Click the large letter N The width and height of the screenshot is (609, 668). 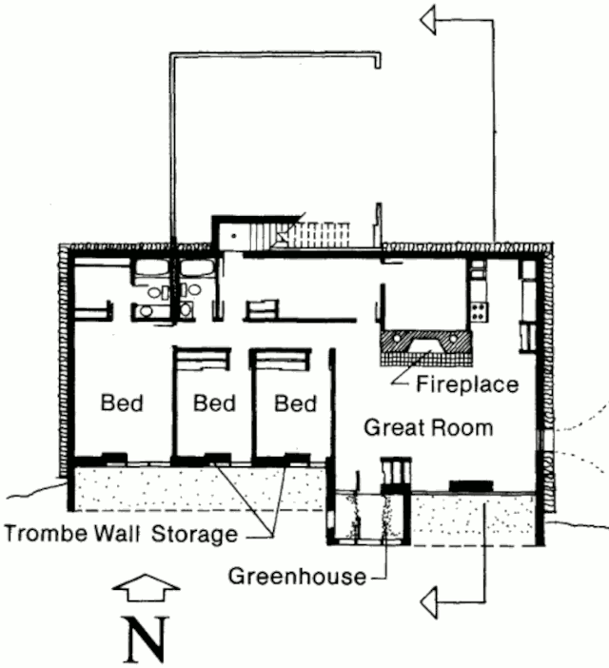coord(147,639)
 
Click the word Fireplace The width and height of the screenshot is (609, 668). coord(467,383)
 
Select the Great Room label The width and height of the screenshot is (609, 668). coord(428,427)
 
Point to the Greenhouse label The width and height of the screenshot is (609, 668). coord(297,577)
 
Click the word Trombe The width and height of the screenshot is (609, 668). coord(48,533)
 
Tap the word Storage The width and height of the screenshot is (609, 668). coord(195,534)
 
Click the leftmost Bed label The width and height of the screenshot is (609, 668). coord(122,403)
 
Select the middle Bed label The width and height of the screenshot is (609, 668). coord(214,403)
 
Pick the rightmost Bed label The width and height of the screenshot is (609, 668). coord(295,403)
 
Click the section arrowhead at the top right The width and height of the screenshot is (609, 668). coord(428,20)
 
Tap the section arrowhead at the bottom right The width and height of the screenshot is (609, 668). coord(428,602)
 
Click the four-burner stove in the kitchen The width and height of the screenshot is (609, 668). coord(479,311)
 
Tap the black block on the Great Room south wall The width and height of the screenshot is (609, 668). coord(471,485)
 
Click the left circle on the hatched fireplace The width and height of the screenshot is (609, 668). coord(397,338)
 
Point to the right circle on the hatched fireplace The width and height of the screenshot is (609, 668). coord(454,339)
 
